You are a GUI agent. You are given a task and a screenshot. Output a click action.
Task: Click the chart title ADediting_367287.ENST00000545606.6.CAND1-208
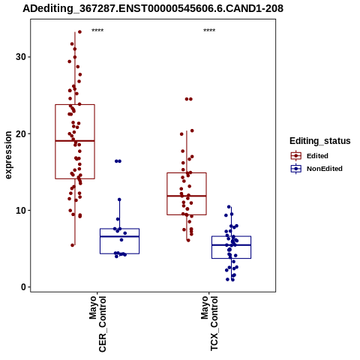point(153,9)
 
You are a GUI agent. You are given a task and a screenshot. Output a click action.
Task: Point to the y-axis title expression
point(8,155)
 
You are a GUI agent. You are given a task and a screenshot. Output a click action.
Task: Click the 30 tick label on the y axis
point(21,57)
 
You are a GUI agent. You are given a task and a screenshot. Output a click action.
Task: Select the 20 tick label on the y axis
point(21,133)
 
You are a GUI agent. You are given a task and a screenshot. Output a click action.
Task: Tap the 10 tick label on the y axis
point(21,211)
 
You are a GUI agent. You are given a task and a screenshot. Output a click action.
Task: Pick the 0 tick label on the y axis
point(24,287)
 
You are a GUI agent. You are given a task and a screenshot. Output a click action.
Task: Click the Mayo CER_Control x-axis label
point(97,324)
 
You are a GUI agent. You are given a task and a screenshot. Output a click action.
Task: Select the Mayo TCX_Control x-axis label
point(209,323)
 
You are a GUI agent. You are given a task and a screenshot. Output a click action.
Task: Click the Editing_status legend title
point(320,141)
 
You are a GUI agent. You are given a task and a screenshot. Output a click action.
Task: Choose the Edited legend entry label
point(317,156)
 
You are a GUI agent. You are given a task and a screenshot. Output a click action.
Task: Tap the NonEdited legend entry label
point(325,169)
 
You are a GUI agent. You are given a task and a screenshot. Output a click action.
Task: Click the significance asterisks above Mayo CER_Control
point(97,31)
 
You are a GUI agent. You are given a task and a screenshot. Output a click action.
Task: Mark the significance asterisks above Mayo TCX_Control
point(209,31)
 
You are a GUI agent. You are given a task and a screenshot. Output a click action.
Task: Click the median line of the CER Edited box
point(75,141)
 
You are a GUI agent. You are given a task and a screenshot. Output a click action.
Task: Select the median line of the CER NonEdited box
point(119,236)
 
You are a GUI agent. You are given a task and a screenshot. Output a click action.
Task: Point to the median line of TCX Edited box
point(187,196)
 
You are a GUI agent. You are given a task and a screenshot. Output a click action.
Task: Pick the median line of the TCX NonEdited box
point(231,245)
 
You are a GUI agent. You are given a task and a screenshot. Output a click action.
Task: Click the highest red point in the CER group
point(79,32)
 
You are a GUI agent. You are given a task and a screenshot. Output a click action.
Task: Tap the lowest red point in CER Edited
point(73,245)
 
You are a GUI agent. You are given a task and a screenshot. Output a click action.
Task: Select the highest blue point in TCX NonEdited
point(229,207)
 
